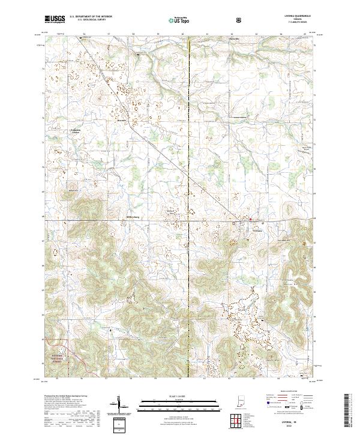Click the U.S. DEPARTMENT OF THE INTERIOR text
pyautogui.click(x=91, y=16)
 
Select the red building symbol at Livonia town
pyautogui.click(x=251, y=220)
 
